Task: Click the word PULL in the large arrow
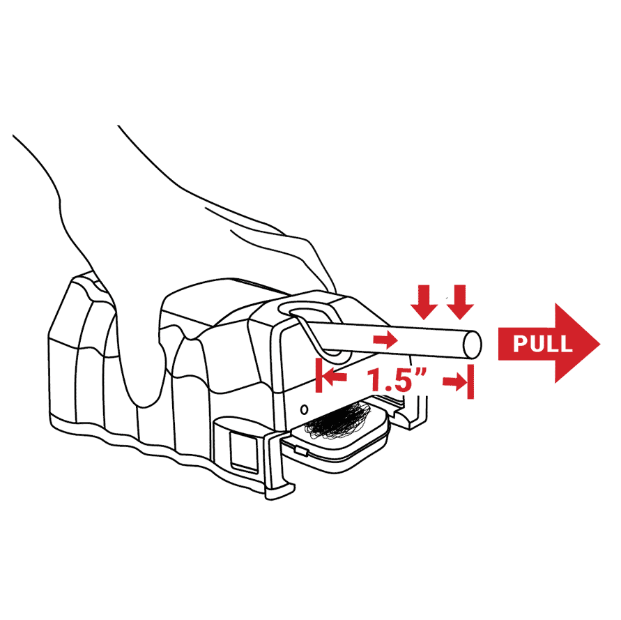(x=542, y=343)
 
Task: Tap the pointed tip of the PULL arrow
(x=600, y=343)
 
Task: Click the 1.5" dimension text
(x=397, y=379)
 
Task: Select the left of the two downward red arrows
(x=424, y=302)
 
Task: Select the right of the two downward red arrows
(x=460, y=302)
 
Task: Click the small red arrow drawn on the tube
(x=385, y=340)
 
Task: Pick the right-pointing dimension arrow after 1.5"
(x=455, y=381)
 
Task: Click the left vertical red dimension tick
(x=319, y=375)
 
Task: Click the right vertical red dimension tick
(x=470, y=381)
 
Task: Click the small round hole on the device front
(x=304, y=409)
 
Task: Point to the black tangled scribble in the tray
(x=337, y=421)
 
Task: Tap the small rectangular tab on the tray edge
(x=302, y=451)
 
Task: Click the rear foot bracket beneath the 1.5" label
(x=412, y=412)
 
